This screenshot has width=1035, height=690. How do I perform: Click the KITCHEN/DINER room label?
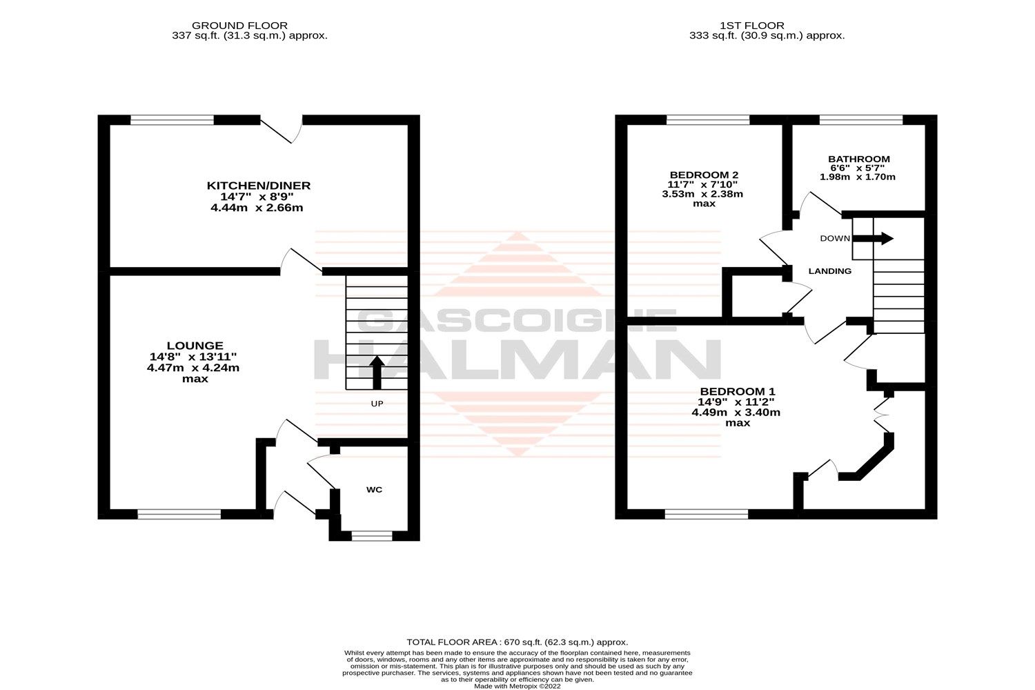tap(259, 186)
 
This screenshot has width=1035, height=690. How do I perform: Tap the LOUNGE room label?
tap(195, 346)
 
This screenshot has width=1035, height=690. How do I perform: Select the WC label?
tap(374, 490)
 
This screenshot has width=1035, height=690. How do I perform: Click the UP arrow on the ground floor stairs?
tap(377, 373)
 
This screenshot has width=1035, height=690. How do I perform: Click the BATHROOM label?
tap(859, 159)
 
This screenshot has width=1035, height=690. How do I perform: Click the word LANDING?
tap(829, 271)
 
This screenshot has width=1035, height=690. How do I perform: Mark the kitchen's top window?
tap(172, 120)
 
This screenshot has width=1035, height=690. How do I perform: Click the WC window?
tap(371, 535)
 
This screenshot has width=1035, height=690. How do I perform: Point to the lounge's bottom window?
tap(179, 513)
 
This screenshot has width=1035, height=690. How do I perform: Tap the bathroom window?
tap(860, 120)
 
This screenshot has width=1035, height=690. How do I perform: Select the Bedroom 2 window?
tap(708, 120)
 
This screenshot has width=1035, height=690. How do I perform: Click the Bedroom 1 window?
tap(707, 513)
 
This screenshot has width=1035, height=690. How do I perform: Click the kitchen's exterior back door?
tap(282, 128)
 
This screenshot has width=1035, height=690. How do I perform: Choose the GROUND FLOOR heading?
tap(249, 26)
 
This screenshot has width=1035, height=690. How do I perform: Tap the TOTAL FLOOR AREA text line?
tap(517, 642)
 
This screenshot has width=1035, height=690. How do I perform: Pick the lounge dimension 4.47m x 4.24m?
tap(193, 368)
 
